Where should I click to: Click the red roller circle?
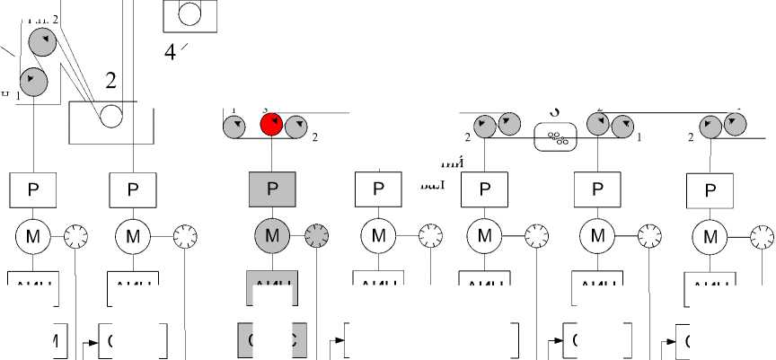(272, 125)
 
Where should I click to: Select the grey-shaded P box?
(272, 189)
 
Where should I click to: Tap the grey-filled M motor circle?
(272, 237)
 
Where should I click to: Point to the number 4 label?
(170, 52)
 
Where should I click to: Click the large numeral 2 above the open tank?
(110, 81)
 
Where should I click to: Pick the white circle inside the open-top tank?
(111, 115)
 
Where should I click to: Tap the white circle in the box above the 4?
(190, 13)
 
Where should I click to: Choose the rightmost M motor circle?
(710, 237)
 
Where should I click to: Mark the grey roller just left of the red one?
(236, 126)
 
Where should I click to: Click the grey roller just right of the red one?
(297, 126)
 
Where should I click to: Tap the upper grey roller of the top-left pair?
(42, 41)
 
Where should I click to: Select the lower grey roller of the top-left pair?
(33, 81)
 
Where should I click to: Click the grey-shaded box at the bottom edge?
(272, 341)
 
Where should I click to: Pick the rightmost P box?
(710, 189)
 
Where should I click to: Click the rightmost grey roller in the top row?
(737, 125)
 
